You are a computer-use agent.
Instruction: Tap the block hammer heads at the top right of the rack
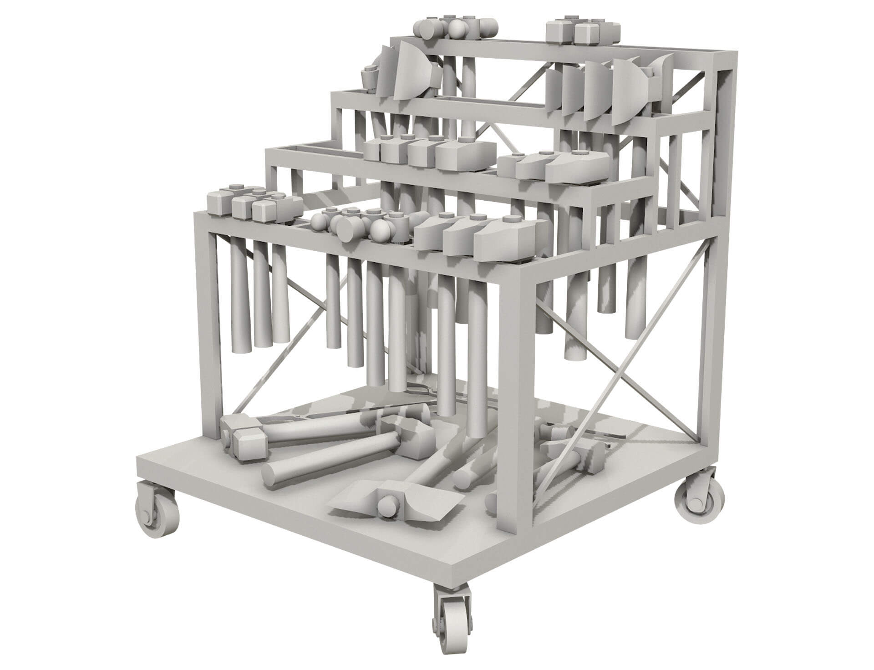[x=583, y=32]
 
